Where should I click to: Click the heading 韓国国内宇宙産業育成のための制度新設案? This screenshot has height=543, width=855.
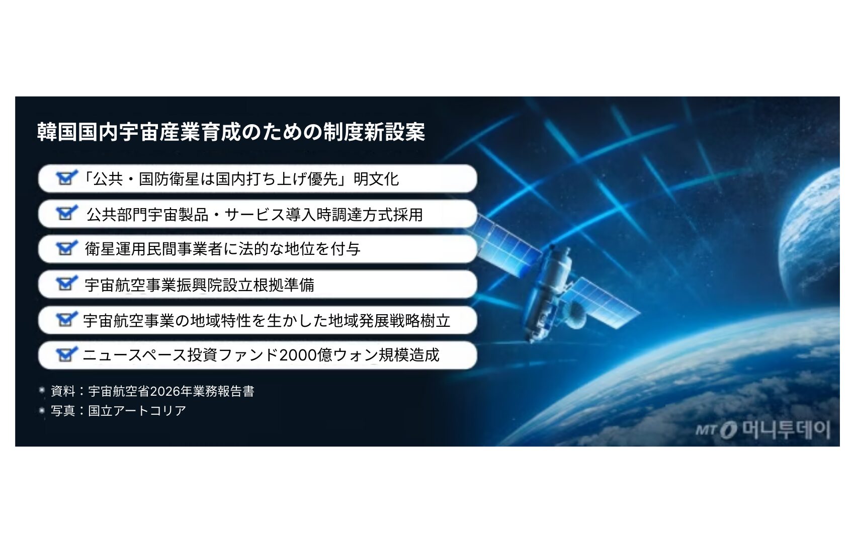(231, 132)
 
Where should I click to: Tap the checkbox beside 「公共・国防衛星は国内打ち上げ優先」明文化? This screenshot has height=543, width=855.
(66, 178)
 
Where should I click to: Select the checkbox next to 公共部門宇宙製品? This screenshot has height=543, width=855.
(66, 213)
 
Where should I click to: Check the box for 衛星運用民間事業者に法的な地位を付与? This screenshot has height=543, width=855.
(66, 248)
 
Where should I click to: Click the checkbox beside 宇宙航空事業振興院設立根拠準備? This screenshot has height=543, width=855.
(66, 284)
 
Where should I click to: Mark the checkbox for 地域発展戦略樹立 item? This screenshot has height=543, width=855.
(66, 319)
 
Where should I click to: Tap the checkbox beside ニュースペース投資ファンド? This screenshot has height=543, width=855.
(66, 354)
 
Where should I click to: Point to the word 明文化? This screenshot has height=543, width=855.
(376, 179)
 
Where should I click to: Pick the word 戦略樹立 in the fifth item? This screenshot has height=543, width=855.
(420, 321)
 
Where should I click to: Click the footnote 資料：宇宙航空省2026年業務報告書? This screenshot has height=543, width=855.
(153, 391)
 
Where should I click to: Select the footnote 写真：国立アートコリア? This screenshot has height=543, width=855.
(118, 411)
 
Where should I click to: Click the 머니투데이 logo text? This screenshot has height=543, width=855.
(786, 430)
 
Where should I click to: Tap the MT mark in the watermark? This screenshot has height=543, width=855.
(705, 430)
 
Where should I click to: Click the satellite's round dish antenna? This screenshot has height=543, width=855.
(575, 320)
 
